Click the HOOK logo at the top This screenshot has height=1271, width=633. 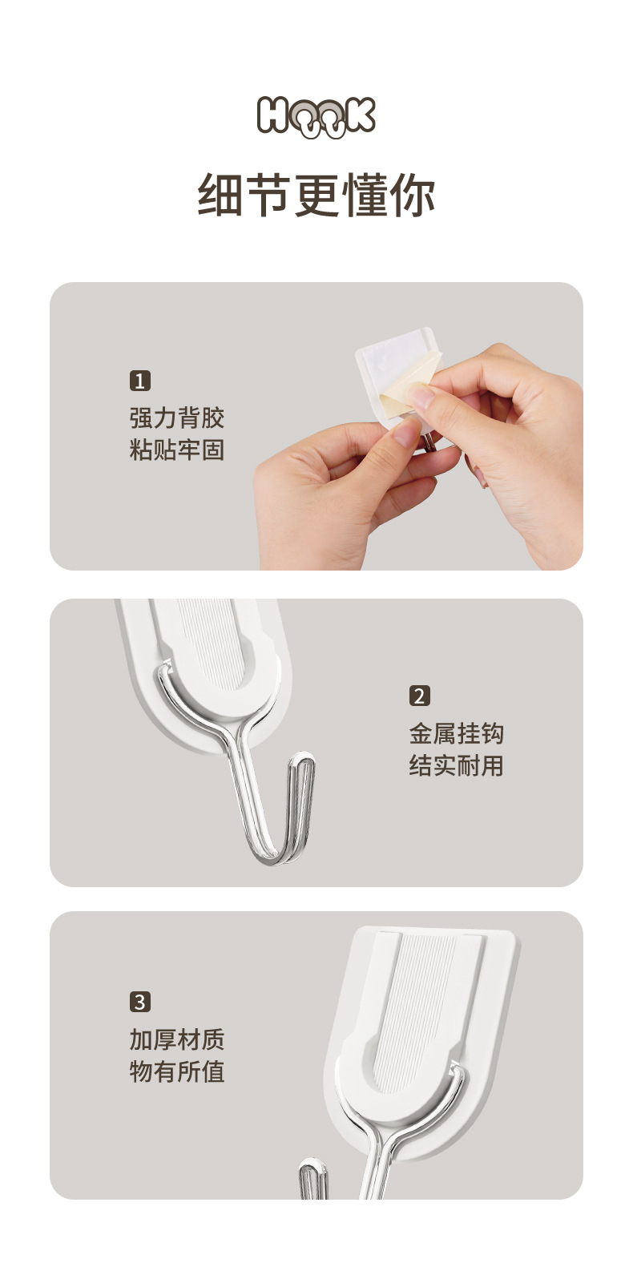point(316,116)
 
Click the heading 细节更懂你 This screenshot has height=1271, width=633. point(316,196)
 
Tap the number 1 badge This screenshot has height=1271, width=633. point(140,381)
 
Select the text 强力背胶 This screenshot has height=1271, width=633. point(177,418)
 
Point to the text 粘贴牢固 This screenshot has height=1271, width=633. point(177,450)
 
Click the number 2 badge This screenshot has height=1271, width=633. point(419,696)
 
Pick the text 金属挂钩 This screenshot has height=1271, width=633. point(456,733)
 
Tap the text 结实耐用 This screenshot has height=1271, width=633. point(456,765)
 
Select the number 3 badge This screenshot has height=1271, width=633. point(140,1002)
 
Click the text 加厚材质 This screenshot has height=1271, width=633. point(177,1039)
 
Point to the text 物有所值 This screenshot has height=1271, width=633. point(177,1071)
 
